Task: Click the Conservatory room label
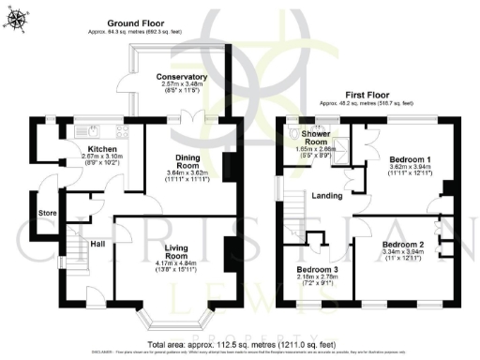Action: pos(182,76)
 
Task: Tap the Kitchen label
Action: pos(101,149)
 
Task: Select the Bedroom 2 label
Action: pos(401,244)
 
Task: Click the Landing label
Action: pos(326,195)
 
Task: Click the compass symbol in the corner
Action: pos(16,16)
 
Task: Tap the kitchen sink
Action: pos(82,130)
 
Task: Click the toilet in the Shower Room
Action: pos(297,132)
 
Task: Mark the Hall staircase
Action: pos(73,248)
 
